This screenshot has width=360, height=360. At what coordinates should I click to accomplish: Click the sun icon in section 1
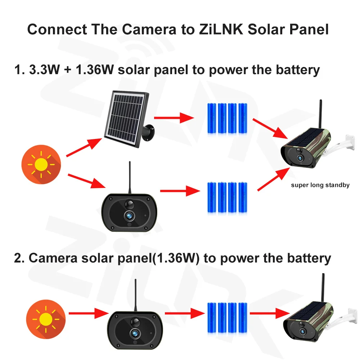41,165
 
